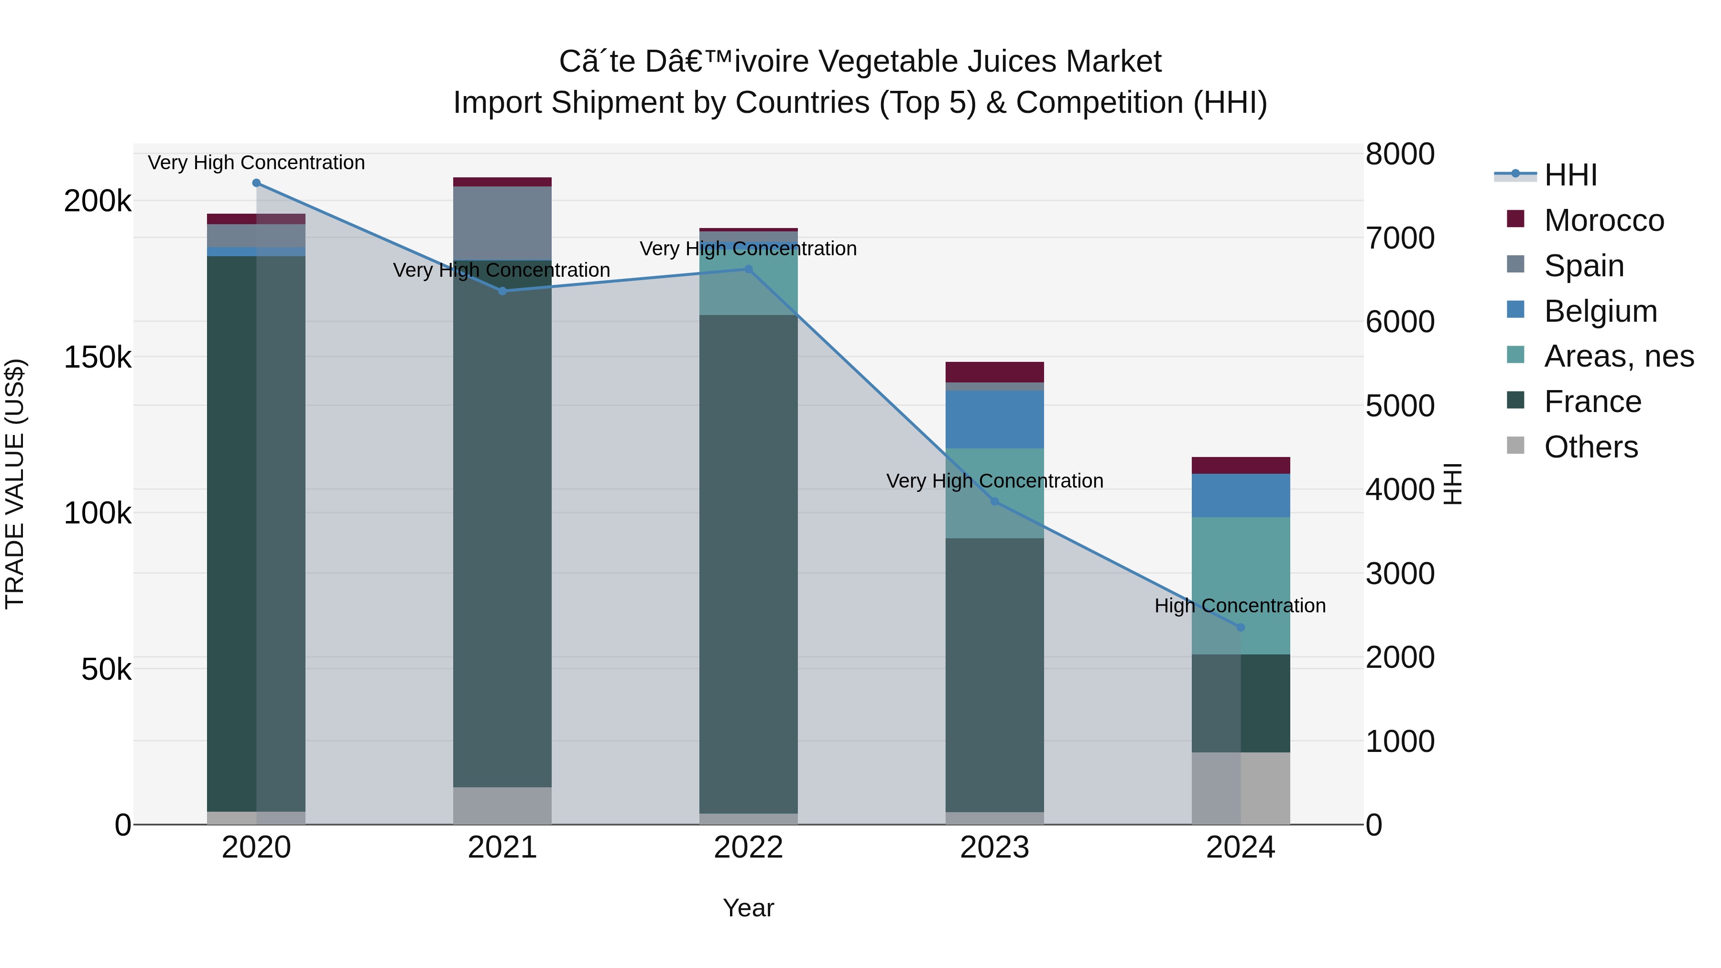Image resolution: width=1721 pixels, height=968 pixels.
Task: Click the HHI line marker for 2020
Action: [257, 183]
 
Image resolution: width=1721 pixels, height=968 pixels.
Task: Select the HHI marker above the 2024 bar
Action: [1241, 627]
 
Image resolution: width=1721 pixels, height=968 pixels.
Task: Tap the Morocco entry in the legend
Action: [1603, 220]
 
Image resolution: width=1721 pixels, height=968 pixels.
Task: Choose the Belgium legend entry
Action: [1600, 311]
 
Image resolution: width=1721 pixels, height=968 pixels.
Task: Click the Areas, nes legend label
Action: [1618, 356]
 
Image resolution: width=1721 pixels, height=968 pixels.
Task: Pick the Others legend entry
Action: [1590, 447]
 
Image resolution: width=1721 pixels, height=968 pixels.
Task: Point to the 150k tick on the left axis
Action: [98, 358]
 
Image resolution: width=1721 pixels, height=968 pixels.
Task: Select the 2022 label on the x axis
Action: [748, 848]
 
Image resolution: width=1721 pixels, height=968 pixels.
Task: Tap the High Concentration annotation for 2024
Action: [1240, 606]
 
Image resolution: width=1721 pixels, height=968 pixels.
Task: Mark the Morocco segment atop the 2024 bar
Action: [1241, 466]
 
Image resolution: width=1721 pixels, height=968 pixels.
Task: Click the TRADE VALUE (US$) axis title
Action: [15, 484]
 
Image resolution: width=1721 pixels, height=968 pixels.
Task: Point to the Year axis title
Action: [748, 909]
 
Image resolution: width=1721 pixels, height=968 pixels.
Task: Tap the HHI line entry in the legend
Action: [1570, 175]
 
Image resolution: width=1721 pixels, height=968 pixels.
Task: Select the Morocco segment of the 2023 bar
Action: [994, 372]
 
